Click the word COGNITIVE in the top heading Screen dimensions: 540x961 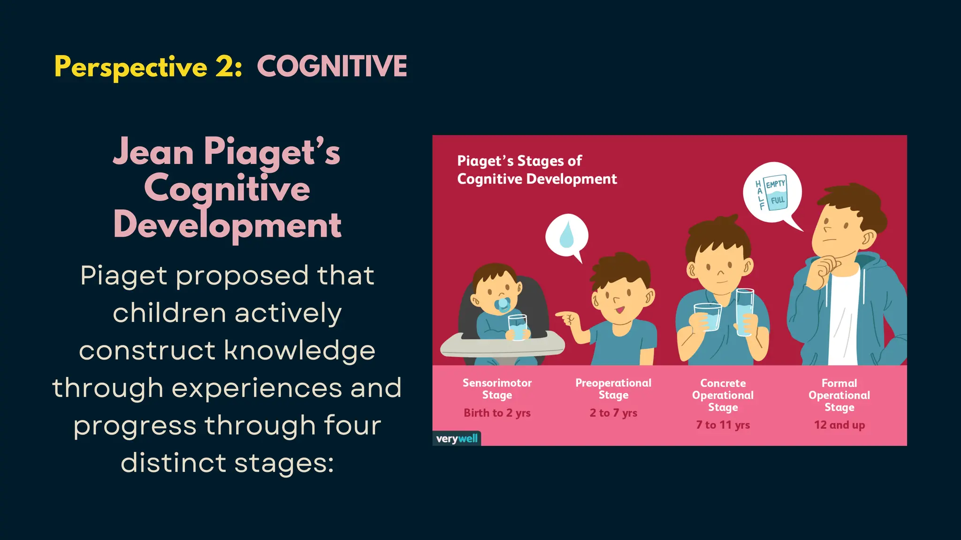pyautogui.click(x=332, y=66)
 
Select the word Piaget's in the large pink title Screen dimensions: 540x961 pyautogui.click(x=272, y=152)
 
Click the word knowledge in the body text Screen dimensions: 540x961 pyautogui.click(x=300, y=351)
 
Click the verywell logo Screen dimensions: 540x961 pyautogui.click(x=457, y=439)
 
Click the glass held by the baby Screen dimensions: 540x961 pyautogui.click(x=518, y=327)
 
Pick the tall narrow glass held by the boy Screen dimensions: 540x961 pyautogui.click(x=744, y=312)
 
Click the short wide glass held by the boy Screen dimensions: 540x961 pyautogui.click(x=708, y=317)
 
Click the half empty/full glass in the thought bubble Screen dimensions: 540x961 pyautogui.click(x=775, y=193)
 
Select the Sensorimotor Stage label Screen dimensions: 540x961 pyautogui.click(x=497, y=389)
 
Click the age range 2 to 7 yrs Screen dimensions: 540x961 pyautogui.click(x=613, y=413)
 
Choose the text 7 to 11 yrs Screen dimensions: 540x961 pyautogui.click(x=723, y=425)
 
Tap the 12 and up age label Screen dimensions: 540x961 pyautogui.click(x=839, y=425)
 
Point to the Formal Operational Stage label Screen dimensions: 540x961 pyautogui.click(x=839, y=395)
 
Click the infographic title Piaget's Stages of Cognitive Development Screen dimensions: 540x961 pyautogui.click(x=536, y=170)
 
